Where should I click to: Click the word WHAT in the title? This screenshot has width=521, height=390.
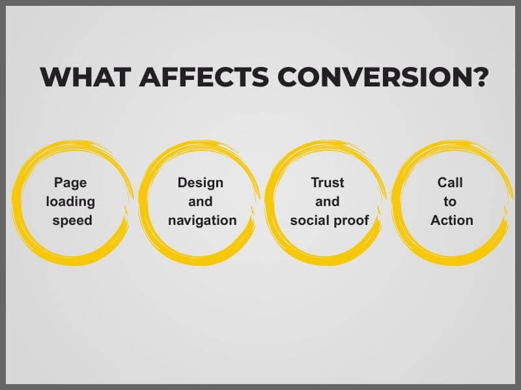85,77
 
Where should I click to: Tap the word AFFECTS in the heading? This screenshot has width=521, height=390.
204,77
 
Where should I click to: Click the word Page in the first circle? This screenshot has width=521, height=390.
70,183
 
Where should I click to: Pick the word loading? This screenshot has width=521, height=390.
70,202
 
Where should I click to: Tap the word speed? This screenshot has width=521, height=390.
72,221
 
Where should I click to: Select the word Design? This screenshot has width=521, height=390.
201,183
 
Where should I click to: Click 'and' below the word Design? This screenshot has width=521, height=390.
201,201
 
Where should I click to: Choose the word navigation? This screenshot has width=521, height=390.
203,220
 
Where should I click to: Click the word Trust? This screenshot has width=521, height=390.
328,183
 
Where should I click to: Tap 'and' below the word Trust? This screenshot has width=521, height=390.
328,201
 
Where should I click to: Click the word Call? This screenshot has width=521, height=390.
450,183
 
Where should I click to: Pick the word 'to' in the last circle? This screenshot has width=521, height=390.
450,202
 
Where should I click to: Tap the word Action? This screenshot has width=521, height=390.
452,220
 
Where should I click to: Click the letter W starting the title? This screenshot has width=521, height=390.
55,77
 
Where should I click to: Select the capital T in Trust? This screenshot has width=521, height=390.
315,183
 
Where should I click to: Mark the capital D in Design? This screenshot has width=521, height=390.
182,183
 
